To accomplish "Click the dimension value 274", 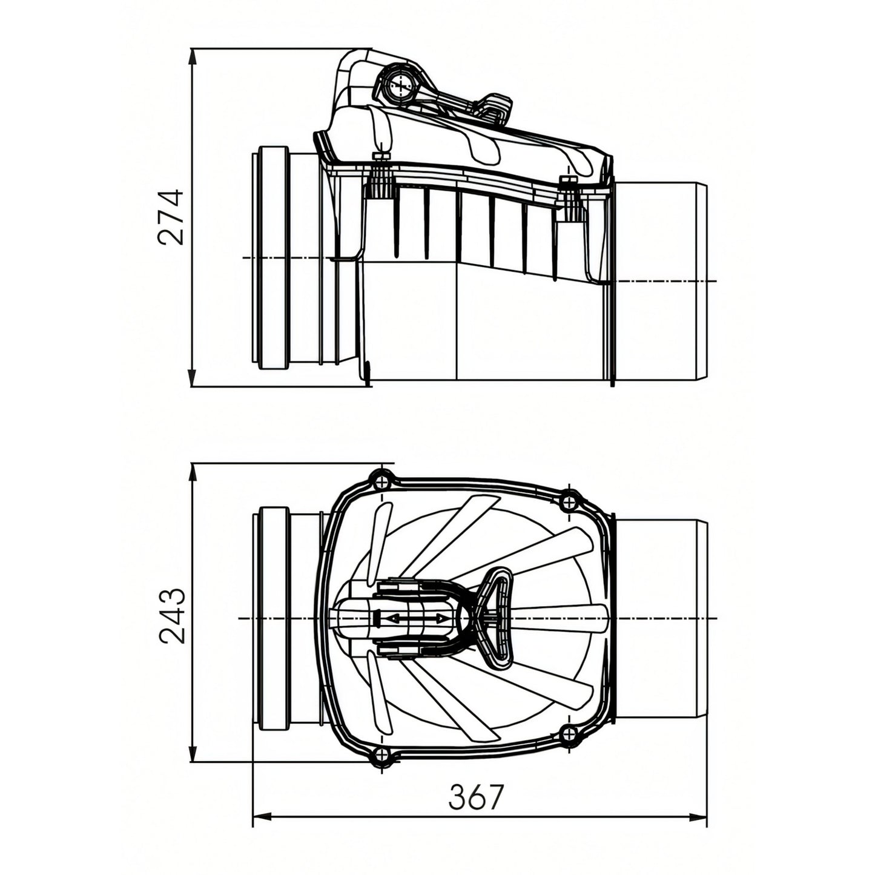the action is coord(171,217).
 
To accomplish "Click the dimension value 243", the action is coord(173,616).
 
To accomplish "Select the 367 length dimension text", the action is coord(477,797).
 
